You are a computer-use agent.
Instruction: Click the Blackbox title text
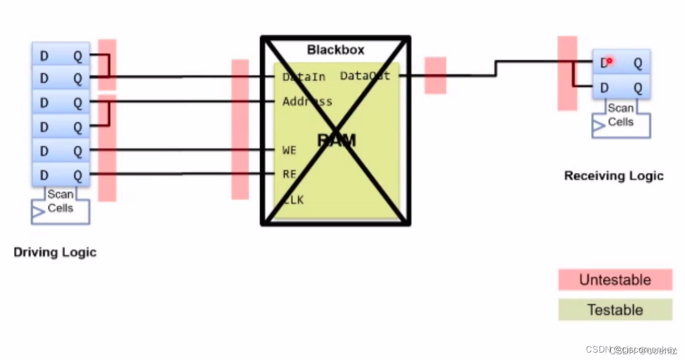click(335, 50)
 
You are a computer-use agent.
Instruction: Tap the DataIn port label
click(303, 77)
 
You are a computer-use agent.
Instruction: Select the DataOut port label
click(365, 76)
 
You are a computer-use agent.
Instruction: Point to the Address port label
click(307, 102)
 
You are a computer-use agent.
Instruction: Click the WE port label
click(289, 150)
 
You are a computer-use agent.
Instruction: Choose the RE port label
click(289, 174)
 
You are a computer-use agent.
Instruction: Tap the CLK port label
click(293, 200)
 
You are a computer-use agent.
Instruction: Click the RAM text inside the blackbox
click(336, 140)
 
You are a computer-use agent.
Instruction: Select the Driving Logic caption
click(55, 252)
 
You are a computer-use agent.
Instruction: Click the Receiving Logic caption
click(613, 175)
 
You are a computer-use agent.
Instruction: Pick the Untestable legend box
click(615, 280)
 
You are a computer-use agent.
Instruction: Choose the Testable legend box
click(615, 310)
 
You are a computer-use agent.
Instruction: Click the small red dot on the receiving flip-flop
click(609, 60)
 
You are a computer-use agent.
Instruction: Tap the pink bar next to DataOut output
click(435, 75)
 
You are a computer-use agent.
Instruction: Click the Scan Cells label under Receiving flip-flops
click(620, 114)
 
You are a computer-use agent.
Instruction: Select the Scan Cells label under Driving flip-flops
click(60, 201)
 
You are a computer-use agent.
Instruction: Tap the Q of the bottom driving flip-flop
click(78, 175)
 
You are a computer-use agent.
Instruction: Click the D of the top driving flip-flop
click(44, 56)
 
